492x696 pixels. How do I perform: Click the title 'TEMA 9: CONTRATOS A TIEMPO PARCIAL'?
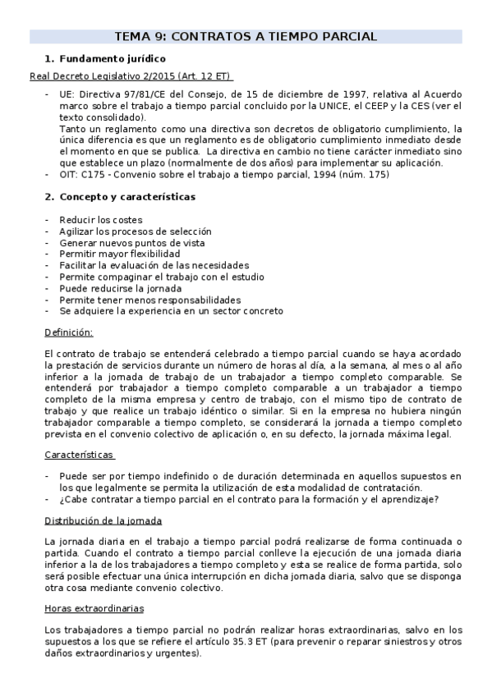coord(246,36)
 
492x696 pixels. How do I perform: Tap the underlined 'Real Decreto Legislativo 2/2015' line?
coord(130,76)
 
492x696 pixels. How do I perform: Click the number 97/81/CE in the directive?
coord(157,94)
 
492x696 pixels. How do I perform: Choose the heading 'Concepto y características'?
coord(126,197)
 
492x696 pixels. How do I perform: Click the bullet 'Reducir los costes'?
coord(100,220)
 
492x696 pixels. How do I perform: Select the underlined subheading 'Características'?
coord(80,454)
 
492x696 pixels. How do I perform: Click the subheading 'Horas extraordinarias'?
coord(94,608)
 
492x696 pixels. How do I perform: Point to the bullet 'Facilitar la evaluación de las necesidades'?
coord(154,265)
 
